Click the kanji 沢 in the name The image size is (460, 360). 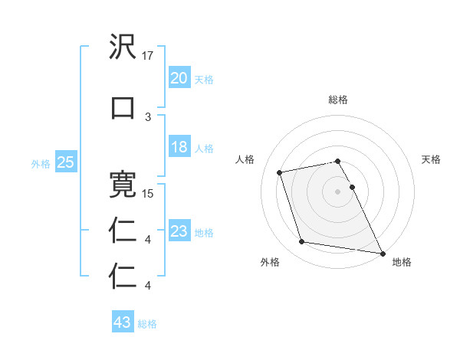(123, 47)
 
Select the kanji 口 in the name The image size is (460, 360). (123, 107)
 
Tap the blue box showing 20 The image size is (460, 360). (179, 78)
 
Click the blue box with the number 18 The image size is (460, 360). (179, 148)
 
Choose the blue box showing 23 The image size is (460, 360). (179, 231)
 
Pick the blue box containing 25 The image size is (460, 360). (65, 162)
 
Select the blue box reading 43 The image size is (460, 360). (123, 322)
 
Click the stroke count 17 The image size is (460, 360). (149, 55)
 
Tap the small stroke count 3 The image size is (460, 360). (148, 116)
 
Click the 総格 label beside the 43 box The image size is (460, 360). (148, 324)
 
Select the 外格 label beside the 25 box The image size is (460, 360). (41, 163)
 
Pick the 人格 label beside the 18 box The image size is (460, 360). (204, 149)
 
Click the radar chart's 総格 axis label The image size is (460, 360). (338, 100)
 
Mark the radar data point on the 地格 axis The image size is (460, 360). (383, 252)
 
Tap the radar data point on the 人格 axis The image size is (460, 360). (280, 172)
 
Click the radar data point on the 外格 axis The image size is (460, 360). (302, 242)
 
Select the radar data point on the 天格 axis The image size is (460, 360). (352, 187)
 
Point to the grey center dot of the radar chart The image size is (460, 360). (338, 191)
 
